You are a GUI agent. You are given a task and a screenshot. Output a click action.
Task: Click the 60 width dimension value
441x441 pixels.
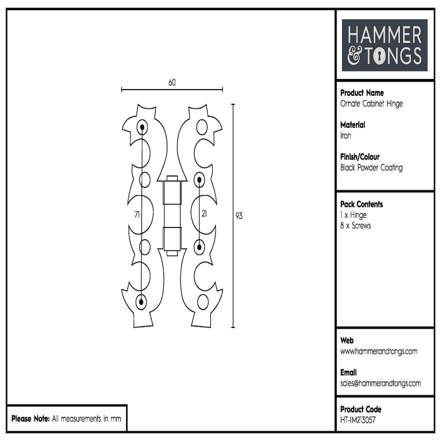pos(172,83)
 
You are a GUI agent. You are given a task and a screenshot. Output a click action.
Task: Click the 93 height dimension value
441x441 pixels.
pos(239,216)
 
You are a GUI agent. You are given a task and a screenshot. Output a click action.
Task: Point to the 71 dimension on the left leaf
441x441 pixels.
pos(137,215)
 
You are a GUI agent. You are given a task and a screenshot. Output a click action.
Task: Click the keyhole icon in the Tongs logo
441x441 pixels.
pos(380,57)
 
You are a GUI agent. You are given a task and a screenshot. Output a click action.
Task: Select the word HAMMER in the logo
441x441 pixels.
pos(384,36)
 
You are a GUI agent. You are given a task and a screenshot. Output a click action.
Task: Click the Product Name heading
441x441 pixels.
pos(362,93)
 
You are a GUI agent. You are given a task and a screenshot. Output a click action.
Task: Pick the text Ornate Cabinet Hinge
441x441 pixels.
pos(371,104)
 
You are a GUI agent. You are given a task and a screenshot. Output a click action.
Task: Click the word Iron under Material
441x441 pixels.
pos(345,136)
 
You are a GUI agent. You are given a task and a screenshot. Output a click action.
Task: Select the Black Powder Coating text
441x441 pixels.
pos(371,168)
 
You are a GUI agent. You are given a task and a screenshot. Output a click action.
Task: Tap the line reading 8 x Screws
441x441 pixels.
pos(355,226)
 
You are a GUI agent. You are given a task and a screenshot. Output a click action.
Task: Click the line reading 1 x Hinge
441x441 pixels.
pos(353,215)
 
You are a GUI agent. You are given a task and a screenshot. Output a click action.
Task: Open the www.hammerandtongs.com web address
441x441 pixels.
pos(379,351)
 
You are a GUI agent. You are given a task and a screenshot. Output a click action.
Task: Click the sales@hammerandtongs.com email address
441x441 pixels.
pos(380,384)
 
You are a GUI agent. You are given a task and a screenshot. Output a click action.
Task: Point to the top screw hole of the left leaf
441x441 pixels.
pos(142,127)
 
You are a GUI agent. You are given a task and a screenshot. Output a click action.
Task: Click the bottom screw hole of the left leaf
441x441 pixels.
pos(141,302)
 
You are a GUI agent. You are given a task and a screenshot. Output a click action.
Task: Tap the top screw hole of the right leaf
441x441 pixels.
pos(202,126)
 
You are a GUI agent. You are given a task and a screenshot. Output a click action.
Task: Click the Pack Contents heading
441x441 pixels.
pos(362,204)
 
